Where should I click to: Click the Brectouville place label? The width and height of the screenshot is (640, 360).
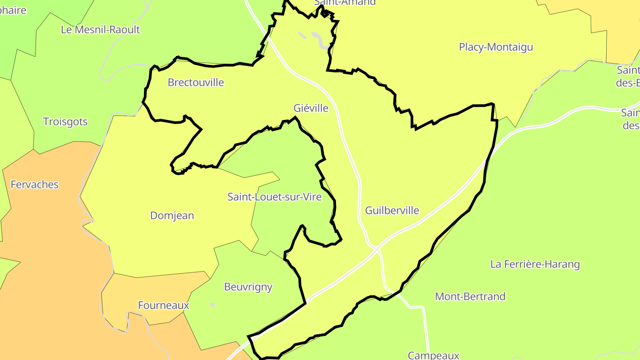(196, 83)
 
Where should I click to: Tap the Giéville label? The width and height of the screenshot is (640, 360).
(311, 108)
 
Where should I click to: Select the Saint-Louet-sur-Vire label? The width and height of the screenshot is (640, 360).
(274, 197)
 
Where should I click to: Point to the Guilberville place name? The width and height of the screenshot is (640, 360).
(392, 210)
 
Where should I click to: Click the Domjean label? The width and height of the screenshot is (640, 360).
(172, 216)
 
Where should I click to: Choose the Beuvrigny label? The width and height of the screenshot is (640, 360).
(248, 287)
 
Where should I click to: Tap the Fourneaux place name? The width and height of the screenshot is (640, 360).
(164, 305)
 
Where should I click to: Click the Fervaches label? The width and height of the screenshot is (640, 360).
(34, 184)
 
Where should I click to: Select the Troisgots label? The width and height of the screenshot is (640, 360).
(65, 122)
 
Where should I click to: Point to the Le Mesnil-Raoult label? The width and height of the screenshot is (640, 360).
(100, 30)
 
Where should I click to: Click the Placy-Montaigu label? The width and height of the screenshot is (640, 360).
(496, 47)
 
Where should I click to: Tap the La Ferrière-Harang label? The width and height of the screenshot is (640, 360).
(535, 264)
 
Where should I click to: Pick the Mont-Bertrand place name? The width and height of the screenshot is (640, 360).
(470, 296)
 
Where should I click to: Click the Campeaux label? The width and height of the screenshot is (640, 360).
(433, 355)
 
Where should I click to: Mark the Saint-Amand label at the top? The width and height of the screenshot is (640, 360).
(345, 3)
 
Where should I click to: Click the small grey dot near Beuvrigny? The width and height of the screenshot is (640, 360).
(213, 305)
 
